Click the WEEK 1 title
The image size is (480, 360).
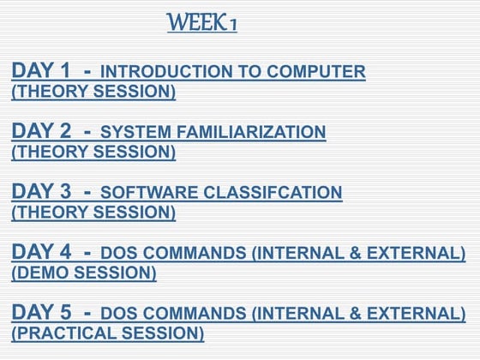coord(202,23)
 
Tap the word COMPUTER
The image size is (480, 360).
coord(318,73)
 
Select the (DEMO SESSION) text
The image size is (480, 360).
coord(84,273)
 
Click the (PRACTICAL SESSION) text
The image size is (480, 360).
coord(108,333)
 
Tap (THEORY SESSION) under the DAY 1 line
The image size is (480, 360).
coord(93,92)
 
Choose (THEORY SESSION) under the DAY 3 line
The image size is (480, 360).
coord(93,213)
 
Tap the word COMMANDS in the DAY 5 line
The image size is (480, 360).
coord(184,314)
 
